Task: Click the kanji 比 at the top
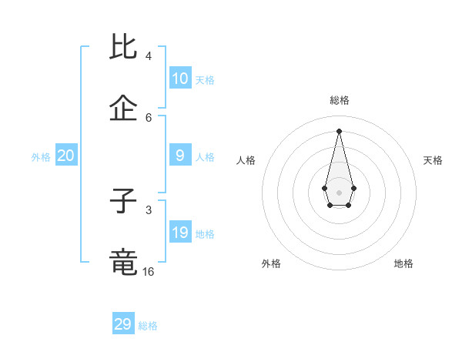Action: tap(125, 47)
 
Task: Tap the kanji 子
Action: tap(125, 201)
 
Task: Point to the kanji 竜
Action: tap(125, 262)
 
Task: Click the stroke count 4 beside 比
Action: tap(148, 56)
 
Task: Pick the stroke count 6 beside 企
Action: tap(148, 117)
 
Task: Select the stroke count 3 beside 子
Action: tap(148, 209)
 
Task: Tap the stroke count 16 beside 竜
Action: tap(148, 271)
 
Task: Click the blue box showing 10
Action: tap(180, 79)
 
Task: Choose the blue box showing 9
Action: tap(180, 156)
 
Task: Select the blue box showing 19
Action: tap(180, 233)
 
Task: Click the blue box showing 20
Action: tap(66, 156)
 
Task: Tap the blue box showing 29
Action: tap(123, 324)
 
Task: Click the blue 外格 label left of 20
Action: tap(41, 157)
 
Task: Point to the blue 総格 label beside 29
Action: tap(148, 326)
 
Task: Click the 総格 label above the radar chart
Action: tap(340, 100)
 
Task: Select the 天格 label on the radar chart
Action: tap(433, 160)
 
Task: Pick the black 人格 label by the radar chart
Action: tap(246, 160)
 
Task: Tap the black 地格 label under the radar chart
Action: tap(403, 263)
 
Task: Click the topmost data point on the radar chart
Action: tap(339, 130)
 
